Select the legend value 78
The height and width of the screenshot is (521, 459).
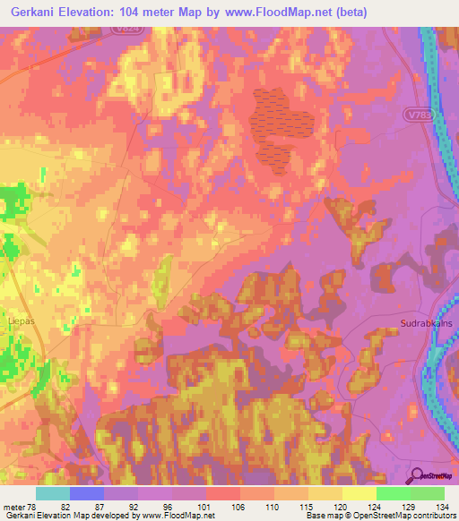(33, 507)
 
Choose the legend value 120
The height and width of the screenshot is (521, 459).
(341, 507)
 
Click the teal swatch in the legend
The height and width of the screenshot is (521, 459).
(53, 493)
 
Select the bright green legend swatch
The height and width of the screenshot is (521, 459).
(393, 493)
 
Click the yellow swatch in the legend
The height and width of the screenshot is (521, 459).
(359, 493)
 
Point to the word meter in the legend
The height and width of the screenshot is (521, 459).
(13, 507)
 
